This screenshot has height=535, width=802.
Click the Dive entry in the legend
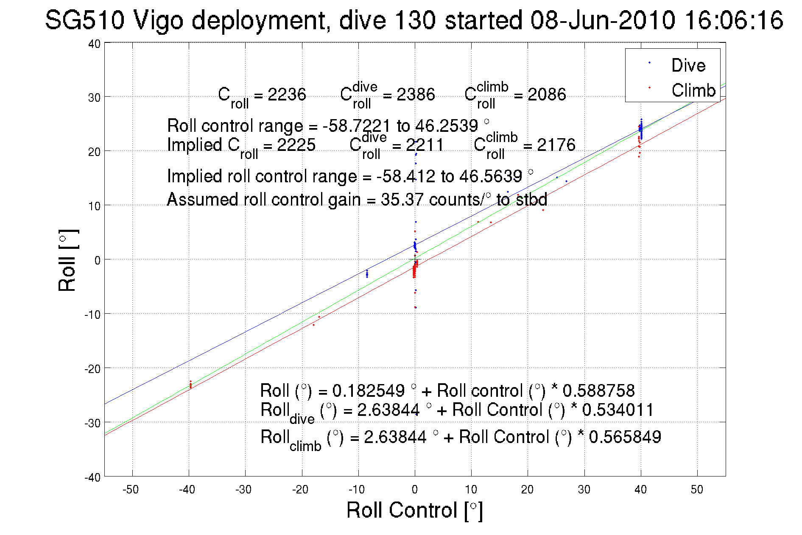tap(688, 65)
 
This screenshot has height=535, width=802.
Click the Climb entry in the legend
tap(693, 90)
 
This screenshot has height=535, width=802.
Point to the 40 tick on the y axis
tap(94, 44)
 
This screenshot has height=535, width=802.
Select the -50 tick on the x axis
tap(131, 490)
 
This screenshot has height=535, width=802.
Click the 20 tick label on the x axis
tap(527, 490)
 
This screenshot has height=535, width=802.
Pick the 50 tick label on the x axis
tap(697, 490)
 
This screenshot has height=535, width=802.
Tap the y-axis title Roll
tap(67, 260)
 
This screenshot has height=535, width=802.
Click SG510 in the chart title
tap(85, 20)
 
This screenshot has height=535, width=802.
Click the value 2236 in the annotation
tap(287, 95)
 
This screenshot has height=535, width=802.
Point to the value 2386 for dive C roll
tap(416, 95)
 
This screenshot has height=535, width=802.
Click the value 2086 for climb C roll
tap(546, 95)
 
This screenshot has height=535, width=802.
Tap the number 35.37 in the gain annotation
tap(402, 200)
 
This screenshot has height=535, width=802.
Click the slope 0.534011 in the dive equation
tap(618, 410)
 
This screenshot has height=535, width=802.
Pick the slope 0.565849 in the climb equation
tap(625, 437)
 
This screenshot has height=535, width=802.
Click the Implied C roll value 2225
tap(296, 145)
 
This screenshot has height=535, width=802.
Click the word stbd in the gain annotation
tap(531, 200)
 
